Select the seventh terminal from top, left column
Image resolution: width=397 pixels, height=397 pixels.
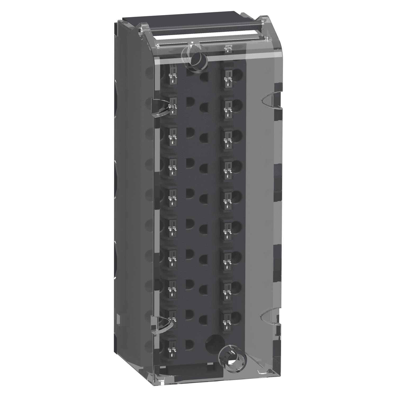tap(172, 257)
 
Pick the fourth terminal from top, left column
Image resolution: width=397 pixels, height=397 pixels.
tap(172, 166)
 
